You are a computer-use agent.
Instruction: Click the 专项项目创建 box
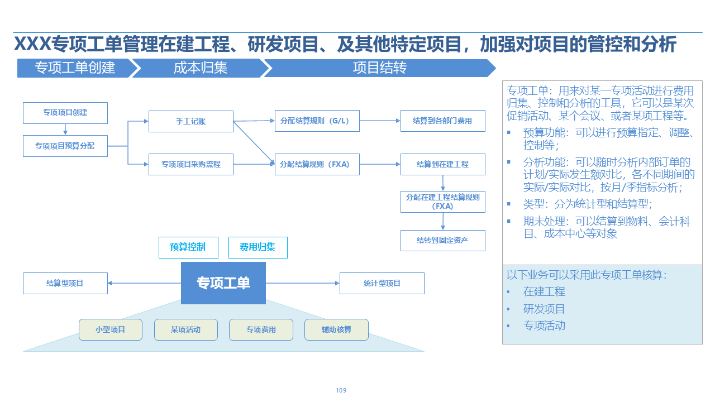click(65, 113)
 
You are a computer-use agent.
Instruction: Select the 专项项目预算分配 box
click(65, 146)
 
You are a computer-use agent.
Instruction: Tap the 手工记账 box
click(191, 121)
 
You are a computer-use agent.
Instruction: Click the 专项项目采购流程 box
click(191, 164)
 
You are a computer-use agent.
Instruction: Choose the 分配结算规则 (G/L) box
click(317, 121)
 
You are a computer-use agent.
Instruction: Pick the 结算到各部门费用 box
click(442, 121)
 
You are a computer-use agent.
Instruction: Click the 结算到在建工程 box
click(442, 164)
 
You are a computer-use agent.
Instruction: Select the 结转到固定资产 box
click(442, 240)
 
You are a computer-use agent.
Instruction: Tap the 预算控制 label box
click(187, 247)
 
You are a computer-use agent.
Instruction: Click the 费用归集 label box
click(258, 247)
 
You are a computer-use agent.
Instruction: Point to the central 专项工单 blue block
click(223, 283)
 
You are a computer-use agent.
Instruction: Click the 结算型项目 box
click(65, 283)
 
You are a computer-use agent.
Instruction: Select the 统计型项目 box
click(382, 283)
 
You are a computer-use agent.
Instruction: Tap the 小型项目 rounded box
click(111, 329)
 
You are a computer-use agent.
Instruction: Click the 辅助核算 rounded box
click(336, 329)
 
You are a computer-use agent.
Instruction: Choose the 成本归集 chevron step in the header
click(200, 68)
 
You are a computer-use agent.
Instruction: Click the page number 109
click(341, 390)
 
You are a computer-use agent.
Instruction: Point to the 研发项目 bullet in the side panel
click(544, 309)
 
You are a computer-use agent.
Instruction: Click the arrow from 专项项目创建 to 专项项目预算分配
click(65, 129)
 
